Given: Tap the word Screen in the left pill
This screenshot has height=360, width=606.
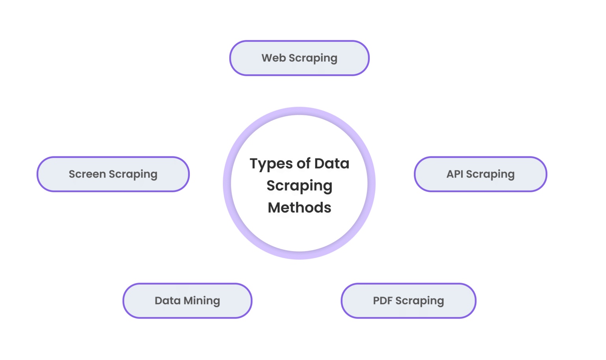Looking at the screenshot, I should coord(87,174).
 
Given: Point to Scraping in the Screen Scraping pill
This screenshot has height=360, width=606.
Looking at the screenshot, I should coord(133,174).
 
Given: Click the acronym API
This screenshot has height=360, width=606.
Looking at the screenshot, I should coord(454,174).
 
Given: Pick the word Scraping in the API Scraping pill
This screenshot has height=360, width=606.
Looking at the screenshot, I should coord(490,174).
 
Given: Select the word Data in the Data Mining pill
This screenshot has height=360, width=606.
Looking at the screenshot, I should coord(167,301).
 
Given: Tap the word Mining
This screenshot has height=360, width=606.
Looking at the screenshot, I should coord(202,301).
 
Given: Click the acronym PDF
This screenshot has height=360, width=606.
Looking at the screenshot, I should coord(383,301).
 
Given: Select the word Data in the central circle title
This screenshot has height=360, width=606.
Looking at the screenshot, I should coord(332,163).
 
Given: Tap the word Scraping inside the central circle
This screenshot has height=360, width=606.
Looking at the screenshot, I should coord(299,186).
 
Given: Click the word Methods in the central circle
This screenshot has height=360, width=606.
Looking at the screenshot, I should coord(299,208).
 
